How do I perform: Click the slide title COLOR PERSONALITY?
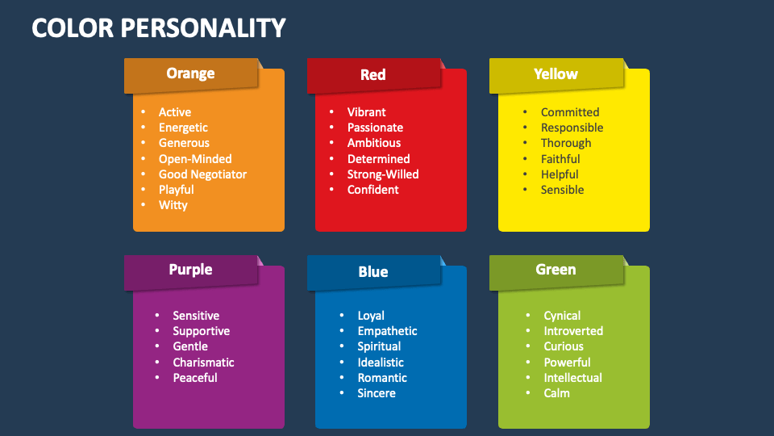point(159,28)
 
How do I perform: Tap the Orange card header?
point(190,73)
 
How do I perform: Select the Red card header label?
point(372,75)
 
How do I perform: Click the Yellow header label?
point(556,74)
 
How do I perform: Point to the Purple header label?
point(190,270)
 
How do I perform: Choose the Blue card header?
point(372,272)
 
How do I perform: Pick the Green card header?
point(556,270)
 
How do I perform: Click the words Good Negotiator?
point(202,174)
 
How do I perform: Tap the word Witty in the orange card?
point(173,205)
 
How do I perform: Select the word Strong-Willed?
point(383,174)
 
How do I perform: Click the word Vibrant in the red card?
point(366,112)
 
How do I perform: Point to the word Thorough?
point(566,143)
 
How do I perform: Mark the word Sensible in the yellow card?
point(562,190)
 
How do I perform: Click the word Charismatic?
point(203,363)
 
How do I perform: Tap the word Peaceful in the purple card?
point(194,378)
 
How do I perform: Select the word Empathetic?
point(387,331)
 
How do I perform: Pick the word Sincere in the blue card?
point(377,393)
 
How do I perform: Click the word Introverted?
point(573,331)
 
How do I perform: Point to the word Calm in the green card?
point(556,393)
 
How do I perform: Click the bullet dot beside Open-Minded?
point(144,159)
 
